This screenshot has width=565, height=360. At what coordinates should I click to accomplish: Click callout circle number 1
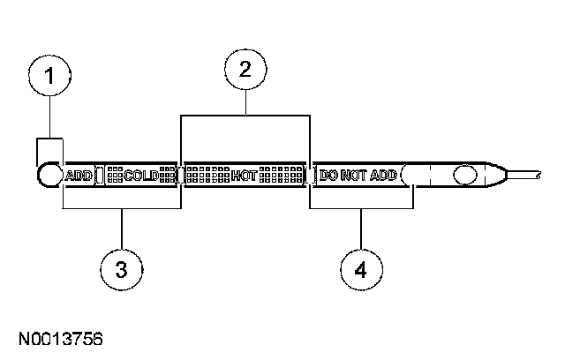(x=50, y=78)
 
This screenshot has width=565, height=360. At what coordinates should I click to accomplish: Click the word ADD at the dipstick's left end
(x=80, y=176)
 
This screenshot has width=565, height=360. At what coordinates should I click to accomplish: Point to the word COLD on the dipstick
(x=141, y=176)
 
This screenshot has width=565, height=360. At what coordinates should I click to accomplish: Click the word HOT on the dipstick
(x=244, y=176)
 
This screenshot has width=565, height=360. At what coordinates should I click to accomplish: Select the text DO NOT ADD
(x=359, y=176)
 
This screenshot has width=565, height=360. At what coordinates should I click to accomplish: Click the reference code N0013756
(x=58, y=338)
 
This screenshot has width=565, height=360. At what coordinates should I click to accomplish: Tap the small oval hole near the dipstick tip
(x=464, y=175)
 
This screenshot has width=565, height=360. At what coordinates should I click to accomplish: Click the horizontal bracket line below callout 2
(x=245, y=116)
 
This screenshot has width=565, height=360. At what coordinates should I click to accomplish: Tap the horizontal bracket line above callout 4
(x=361, y=209)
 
